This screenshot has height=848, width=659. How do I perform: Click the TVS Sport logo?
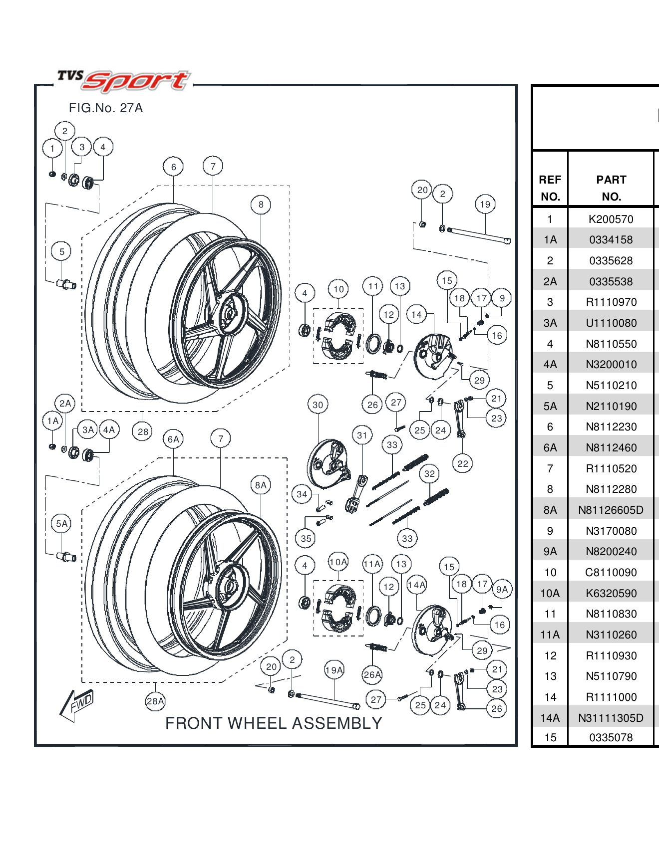coord(124,80)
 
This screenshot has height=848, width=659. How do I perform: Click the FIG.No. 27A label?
coord(105,108)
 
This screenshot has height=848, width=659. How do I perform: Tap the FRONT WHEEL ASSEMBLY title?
coord(274,723)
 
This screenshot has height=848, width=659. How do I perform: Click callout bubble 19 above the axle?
coord(485,204)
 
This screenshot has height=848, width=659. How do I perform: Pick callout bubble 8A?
coord(261,485)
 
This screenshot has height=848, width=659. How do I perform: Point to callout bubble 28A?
coord(155,701)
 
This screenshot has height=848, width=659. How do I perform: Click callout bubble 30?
coord(318,405)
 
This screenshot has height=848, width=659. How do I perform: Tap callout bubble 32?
coord(429,473)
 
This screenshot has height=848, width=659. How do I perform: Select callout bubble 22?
coord(463,463)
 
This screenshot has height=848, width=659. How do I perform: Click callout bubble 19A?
coord(334,670)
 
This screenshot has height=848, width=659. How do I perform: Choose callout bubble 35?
coord(306,538)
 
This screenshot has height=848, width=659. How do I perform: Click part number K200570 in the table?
coord(611,219)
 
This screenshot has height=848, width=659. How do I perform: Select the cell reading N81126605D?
coord(611,510)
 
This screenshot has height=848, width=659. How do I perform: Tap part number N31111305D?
coord(611,718)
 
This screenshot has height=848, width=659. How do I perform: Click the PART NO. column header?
coord(611,188)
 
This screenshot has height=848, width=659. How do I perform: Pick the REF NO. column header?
coord(550,188)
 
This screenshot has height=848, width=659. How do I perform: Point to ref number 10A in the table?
coord(550,593)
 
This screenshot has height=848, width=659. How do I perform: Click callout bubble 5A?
coord(61,523)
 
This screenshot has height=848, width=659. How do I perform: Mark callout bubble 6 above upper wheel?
coord(173,167)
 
